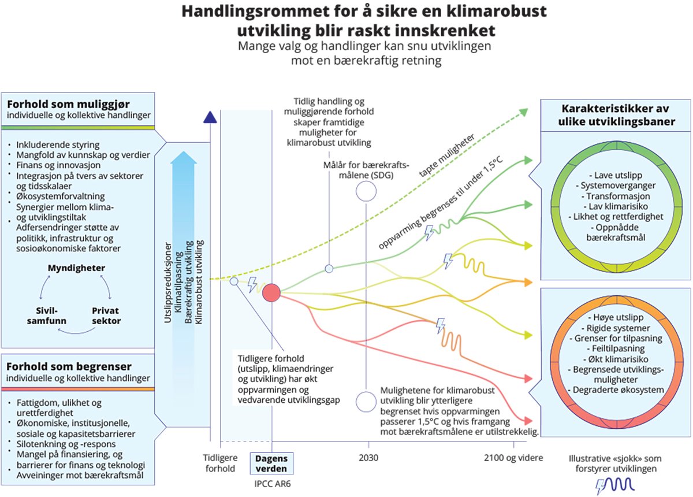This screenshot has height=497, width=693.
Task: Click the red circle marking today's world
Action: [x=271, y=294]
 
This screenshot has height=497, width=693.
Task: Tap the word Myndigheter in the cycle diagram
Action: [x=76, y=269]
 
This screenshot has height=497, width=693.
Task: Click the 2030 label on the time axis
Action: [x=368, y=458]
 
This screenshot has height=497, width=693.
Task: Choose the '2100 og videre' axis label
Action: [x=513, y=458]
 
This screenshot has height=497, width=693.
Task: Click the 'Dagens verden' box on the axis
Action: [x=271, y=463]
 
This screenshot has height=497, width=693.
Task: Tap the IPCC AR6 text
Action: [x=271, y=483]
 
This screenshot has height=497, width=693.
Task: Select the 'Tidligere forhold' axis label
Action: [x=220, y=463]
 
